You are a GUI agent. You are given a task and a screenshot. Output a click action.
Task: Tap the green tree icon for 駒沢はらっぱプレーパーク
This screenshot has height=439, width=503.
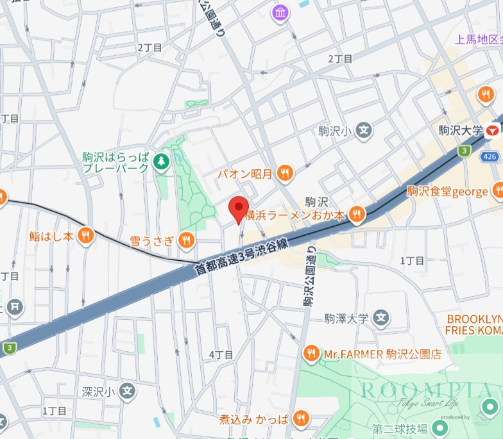161,163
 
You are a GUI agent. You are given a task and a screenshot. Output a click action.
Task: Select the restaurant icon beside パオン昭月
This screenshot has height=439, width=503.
286,172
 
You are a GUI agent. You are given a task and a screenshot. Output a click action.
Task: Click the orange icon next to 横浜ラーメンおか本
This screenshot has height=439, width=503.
357,215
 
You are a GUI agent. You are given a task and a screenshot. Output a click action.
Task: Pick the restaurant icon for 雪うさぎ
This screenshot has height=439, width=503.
187,240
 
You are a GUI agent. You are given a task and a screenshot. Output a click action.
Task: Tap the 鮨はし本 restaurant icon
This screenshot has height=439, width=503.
85,236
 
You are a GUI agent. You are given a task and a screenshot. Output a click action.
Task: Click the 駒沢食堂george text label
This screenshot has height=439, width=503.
447,191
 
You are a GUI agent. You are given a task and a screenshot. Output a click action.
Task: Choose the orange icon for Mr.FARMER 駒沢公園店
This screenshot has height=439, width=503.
311,353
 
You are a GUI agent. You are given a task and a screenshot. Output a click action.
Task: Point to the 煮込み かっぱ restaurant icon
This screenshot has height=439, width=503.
300,419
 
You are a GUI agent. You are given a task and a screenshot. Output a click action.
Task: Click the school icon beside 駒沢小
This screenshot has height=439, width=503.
364,131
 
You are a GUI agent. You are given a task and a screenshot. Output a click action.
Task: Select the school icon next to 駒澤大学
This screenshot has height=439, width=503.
382,317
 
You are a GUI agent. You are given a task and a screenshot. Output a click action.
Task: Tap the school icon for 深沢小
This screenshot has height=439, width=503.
128,390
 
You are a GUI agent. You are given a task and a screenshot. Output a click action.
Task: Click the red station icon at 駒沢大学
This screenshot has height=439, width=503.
493,131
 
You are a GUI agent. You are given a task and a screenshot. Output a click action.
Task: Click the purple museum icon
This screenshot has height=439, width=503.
280,12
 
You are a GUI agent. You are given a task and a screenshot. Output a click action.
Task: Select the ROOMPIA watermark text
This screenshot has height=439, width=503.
426,390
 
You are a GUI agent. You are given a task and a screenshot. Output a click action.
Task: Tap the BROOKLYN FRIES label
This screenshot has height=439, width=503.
474,324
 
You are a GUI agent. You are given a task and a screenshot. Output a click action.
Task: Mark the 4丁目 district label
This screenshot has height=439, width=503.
221,354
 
